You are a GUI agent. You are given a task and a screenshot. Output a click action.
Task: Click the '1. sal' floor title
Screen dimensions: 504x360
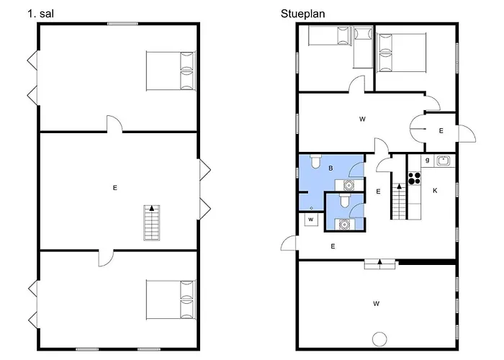40,14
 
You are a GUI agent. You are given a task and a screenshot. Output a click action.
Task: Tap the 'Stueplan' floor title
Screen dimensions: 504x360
303,14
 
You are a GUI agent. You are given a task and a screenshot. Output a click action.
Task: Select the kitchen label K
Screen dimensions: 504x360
435,191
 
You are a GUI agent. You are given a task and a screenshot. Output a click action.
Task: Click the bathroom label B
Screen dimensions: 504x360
330,168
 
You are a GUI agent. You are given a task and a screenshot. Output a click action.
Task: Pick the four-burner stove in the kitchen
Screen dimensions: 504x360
414,179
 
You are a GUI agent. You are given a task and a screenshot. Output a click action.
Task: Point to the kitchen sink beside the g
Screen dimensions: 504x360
445,161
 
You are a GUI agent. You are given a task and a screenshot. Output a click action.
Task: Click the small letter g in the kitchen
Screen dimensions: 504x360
427,160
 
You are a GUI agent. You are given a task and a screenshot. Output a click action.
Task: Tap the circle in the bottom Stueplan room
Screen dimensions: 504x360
379,339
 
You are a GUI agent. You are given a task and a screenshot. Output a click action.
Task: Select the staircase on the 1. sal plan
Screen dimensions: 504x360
152,222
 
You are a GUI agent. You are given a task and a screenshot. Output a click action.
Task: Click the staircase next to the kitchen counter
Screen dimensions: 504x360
399,201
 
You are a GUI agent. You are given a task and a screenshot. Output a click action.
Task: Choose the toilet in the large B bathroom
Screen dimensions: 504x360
315,161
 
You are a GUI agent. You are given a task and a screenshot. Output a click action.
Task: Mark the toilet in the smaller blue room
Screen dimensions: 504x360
345,200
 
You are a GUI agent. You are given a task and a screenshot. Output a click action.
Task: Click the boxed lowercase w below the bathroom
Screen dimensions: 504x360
311,220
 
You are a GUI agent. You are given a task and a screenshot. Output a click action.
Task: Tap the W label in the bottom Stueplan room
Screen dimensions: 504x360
376,303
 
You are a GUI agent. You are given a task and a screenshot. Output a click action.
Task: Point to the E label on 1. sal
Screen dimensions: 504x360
114,188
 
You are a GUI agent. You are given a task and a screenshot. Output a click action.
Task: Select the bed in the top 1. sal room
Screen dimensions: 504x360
171,71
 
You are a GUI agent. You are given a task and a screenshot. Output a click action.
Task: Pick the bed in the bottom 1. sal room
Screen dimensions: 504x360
171,300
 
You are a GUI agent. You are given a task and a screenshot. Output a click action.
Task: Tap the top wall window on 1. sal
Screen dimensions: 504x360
122,24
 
